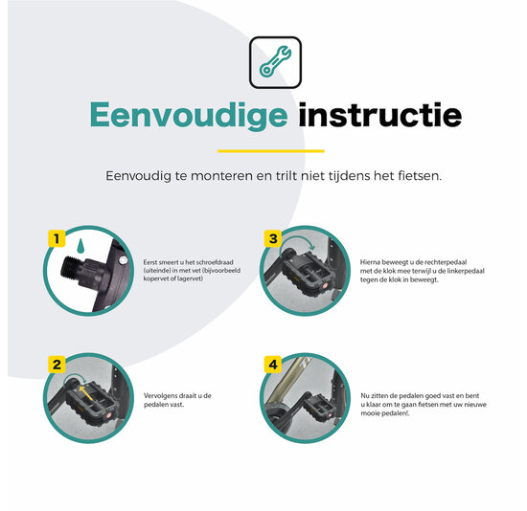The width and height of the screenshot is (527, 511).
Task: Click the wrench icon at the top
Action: click(275, 61)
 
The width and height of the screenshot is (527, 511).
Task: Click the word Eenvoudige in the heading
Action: click(189, 116)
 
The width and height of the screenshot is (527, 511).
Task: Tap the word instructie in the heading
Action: click(380, 115)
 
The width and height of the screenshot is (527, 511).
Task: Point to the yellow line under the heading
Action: click(271, 151)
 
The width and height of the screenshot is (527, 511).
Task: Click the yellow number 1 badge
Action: click(57, 238)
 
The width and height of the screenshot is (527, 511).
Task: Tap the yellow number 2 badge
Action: click(57, 365)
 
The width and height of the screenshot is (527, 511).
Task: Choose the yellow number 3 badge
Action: click(273, 238)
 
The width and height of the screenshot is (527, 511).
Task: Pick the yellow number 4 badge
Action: click(273, 365)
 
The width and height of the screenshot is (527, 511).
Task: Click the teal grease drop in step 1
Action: click(80, 246)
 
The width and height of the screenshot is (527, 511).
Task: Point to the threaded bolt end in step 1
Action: click(70, 268)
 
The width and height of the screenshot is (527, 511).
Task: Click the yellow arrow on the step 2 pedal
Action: click(85, 392)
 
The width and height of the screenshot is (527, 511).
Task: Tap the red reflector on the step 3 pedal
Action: click(324, 286)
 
